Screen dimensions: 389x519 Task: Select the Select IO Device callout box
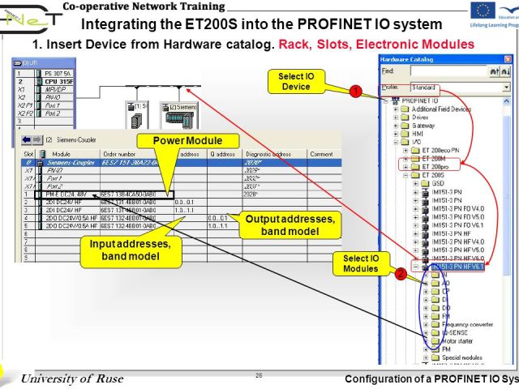(302, 81)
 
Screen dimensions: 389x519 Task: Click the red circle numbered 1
(354, 92)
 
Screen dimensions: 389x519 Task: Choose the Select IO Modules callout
(361, 263)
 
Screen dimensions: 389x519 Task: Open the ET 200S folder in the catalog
(433, 174)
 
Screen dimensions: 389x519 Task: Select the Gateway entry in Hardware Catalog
(422, 126)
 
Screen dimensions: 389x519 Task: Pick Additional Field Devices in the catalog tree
(441, 109)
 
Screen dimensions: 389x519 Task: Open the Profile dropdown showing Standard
(458, 87)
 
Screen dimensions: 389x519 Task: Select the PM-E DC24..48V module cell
(71, 194)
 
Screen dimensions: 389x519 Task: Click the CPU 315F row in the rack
(58, 82)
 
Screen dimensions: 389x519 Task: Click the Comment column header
(320, 154)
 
